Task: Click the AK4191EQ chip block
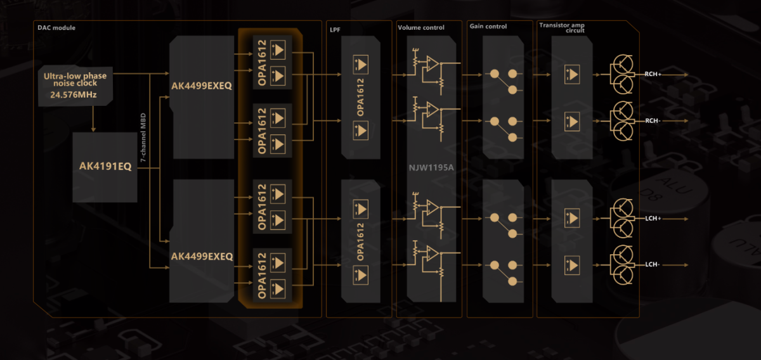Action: click(x=105, y=167)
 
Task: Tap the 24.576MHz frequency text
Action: click(x=74, y=96)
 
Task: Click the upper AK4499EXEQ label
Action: click(x=202, y=86)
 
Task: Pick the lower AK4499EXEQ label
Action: click(x=202, y=257)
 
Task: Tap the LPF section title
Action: click(x=335, y=28)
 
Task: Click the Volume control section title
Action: click(x=421, y=28)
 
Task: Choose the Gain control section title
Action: click(x=488, y=27)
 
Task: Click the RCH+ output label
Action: click(x=653, y=74)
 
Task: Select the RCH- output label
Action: click(x=653, y=120)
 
